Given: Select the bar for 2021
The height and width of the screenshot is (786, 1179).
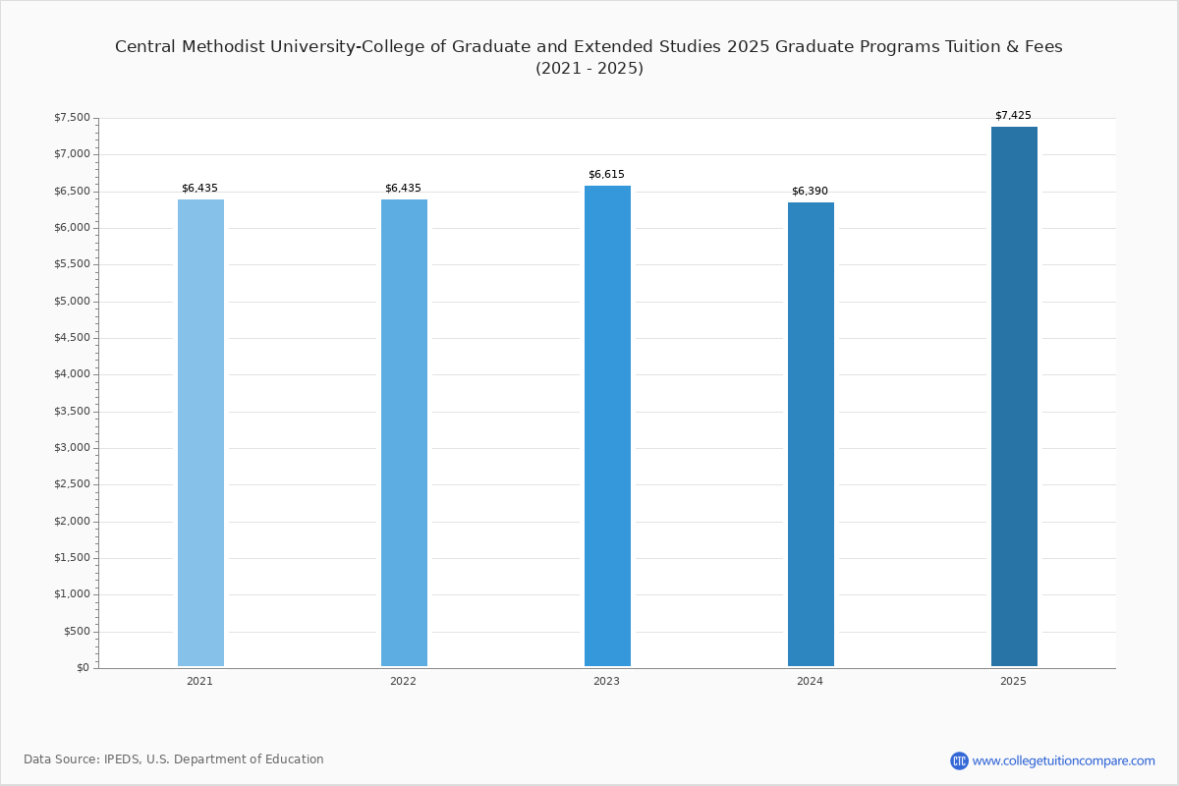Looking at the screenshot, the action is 200,432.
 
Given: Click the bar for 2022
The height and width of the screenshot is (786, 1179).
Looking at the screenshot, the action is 404,432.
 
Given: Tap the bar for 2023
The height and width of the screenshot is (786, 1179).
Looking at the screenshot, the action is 607,425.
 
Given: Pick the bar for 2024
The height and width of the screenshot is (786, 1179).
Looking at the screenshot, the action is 811,434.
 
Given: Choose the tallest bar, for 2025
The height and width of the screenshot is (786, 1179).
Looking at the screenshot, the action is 1014,396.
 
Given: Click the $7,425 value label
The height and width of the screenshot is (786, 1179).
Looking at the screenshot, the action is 1013,115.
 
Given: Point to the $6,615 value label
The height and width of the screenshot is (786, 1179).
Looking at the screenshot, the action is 606,174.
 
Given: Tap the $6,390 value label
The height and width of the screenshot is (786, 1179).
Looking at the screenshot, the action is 810,192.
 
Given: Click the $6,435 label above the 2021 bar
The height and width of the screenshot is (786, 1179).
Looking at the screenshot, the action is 199,188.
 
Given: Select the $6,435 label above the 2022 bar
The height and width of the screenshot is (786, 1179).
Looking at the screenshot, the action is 403,188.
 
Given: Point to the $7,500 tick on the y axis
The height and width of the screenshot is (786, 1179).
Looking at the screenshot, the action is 72,117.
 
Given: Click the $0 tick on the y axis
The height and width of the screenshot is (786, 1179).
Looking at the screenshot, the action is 84,668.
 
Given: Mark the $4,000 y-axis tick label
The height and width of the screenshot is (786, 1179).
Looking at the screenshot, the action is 72,374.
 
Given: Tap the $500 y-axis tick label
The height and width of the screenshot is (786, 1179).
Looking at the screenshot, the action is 77,631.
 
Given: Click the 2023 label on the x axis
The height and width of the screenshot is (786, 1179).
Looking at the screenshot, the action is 606,681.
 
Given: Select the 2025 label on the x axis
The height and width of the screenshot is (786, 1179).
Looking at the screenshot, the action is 1013,681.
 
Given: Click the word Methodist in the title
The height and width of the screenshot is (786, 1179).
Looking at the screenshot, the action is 223,47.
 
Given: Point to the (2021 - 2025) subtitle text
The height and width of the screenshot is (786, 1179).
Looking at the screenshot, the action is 589,69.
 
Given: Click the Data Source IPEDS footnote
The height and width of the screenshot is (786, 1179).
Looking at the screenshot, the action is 174,759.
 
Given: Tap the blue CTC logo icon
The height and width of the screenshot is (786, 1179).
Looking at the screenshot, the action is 959,760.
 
